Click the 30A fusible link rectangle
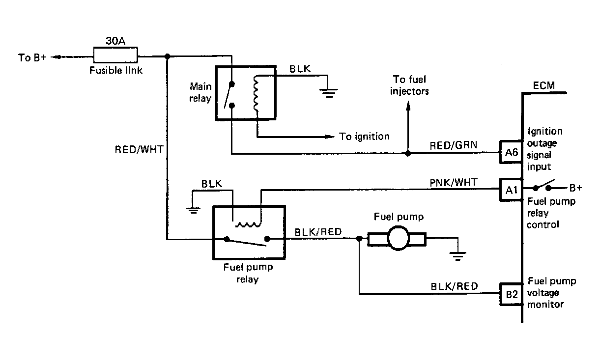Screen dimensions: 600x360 [115, 55]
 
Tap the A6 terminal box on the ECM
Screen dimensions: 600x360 [511, 152]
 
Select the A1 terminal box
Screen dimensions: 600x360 [511, 190]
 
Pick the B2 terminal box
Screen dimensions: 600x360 [511, 294]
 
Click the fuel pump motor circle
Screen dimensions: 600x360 [399, 238]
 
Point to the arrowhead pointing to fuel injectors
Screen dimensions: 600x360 [408, 106]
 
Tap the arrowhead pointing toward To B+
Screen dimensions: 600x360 [56, 57]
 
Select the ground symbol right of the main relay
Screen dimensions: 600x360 [328, 93]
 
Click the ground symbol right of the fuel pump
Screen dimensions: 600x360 [457, 256]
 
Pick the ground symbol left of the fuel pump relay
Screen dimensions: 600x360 [193, 210]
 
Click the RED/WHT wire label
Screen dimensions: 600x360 [139, 149]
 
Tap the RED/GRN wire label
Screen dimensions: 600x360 [453, 145]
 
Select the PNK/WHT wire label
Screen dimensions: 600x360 [453, 183]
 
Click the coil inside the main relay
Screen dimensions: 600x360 [256, 94]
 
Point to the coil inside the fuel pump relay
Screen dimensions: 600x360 [248, 224]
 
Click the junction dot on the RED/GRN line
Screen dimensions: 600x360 [408, 153]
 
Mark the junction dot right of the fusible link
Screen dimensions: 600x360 [167, 56]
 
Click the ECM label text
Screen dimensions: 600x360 [543, 85]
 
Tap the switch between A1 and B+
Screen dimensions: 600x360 [542, 186]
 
